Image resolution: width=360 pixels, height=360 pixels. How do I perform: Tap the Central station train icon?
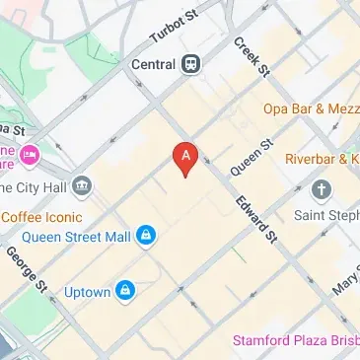tap(188, 64)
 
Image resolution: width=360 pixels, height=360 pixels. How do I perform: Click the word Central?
tap(152, 64)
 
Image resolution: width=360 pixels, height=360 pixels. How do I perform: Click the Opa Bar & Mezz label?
tap(309, 108)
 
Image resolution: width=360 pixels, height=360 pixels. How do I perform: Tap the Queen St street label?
tap(251, 157)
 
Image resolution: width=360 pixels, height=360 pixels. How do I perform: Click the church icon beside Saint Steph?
tap(321, 188)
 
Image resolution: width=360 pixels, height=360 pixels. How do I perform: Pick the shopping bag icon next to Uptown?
tap(125, 291)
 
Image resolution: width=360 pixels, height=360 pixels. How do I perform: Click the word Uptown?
tap(86, 292)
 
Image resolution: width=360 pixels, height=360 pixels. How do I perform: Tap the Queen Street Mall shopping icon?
tap(146, 235)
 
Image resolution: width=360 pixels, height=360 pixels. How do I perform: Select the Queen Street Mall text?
tap(77, 236)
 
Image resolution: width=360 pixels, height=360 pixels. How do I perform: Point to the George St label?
tap(27, 270)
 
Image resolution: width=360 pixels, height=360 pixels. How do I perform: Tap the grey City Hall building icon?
tap(82, 184)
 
